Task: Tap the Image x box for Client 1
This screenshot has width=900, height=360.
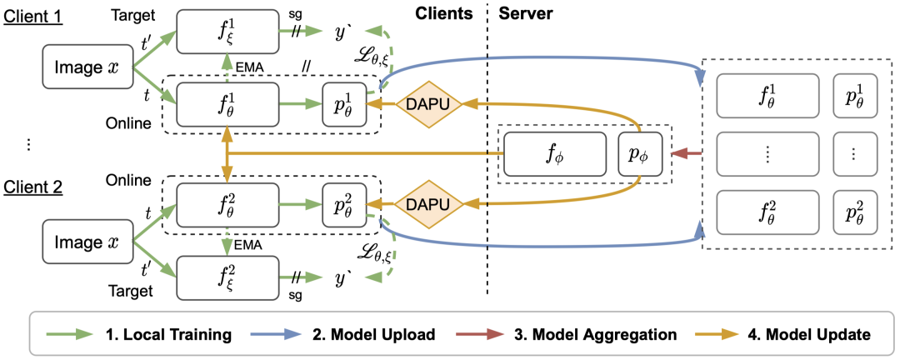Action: pyautogui.click(x=86, y=67)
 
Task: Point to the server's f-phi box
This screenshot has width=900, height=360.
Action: pyautogui.click(x=553, y=154)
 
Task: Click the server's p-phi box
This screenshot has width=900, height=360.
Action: pyautogui.click(x=639, y=154)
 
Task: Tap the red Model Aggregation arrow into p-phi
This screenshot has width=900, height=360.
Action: pyautogui.click(x=685, y=154)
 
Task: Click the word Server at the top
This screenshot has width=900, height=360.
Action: pyautogui.click(x=524, y=15)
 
